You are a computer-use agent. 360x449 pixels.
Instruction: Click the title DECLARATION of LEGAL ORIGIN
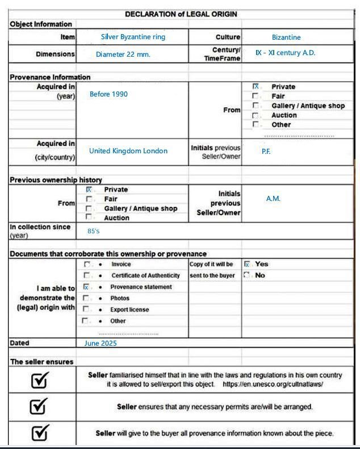pyautogui.click(x=181, y=14)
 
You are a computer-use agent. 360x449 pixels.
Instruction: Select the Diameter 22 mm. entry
pyautogui.click(x=123, y=55)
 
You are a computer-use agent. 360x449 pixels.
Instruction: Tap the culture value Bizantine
pyautogui.click(x=286, y=37)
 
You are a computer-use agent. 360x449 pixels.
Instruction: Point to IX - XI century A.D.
pyautogui.click(x=285, y=53)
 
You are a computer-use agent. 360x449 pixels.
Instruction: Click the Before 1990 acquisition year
pyautogui.click(x=108, y=94)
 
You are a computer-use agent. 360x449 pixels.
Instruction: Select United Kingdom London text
pyautogui.click(x=128, y=151)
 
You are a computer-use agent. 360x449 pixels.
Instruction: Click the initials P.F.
pyautogui.click(x=266, y=152)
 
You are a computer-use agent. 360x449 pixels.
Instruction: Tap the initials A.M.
pyautogui.click(x=273, y=199)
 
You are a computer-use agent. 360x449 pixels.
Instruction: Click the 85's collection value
pyautogui.click(x=94, y=232)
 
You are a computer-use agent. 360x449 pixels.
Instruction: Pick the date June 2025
pyautogui.click(x=100, y=343)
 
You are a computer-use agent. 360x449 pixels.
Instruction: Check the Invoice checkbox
pyautogui.click(x=86, y=265)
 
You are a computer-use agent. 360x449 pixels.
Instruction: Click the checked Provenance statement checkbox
pyautogui.click(x=86, y=287)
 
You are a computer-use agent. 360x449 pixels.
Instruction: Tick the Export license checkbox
pyautogui.click(x=86, y=309)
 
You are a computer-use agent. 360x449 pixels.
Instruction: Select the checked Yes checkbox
pyautogui.click(x=247, y=265)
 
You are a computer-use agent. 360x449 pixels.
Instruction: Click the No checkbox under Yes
pyautogui.click(x=247, y=275)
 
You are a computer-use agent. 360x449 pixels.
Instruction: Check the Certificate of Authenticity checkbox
pyautogui.click(x=86, y=275)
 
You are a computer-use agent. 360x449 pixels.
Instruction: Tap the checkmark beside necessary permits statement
pyautogui.click(x=39, y=406)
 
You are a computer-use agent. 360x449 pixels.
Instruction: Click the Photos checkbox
pyautogui.click(x=86, y=298)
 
